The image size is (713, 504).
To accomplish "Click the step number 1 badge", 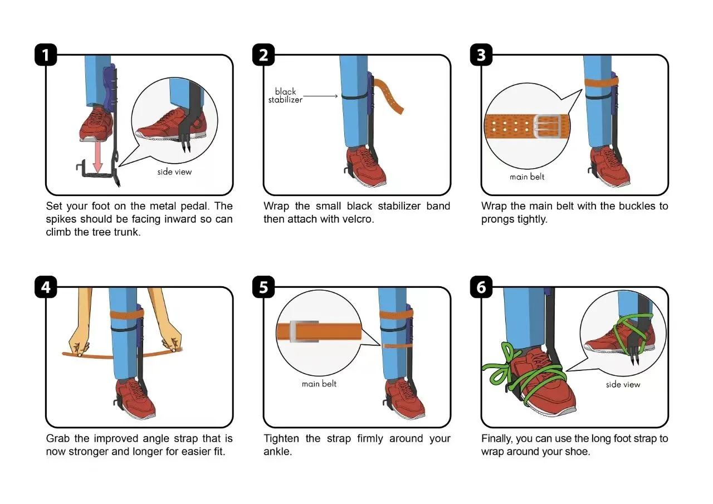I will pos(46,55).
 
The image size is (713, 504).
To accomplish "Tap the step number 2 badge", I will pos(263,55).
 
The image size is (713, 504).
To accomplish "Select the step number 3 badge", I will pos(481,55).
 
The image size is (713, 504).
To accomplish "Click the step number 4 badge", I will pos(46,287).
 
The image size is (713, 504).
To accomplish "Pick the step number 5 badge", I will pos(263,287).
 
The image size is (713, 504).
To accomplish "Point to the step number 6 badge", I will pos(481,287).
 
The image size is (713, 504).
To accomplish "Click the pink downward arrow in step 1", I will pos(98,158).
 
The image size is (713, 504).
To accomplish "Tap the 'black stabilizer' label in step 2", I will pos(285,96).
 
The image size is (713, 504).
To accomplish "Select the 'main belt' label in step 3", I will pos(527,177).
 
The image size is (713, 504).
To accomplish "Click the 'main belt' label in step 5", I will pos(319,384).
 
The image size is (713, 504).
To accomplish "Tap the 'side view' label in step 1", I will pos(174,172).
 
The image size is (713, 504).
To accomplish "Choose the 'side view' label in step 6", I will pos(623,384).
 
